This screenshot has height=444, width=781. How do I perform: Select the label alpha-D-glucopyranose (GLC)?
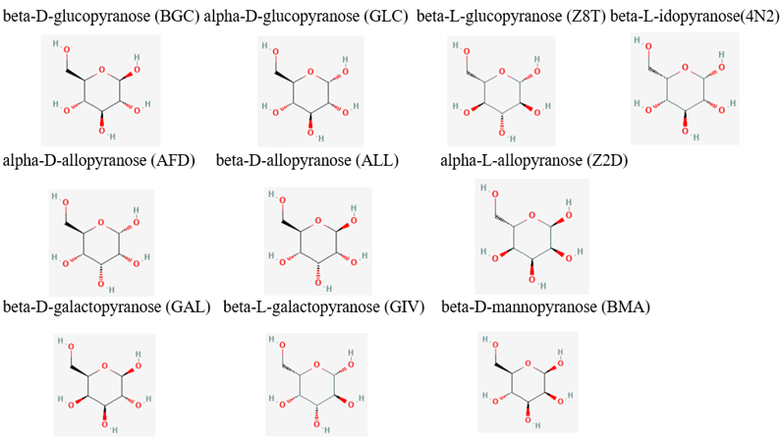(x=306, y=17)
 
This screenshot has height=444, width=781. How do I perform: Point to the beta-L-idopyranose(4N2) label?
(x=695, y=17)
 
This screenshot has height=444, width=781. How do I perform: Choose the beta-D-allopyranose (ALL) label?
(x=307, y=160)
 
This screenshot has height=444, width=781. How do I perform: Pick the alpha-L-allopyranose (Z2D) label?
(x=534, y=160)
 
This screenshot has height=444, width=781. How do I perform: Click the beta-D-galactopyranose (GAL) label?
(x=107, y=306)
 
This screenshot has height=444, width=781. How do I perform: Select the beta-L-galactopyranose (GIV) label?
(x=323, y=306)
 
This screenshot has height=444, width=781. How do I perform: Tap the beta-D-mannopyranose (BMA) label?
(x=546, y=306)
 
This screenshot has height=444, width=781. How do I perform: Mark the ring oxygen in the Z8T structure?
(x=504, y=72)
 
